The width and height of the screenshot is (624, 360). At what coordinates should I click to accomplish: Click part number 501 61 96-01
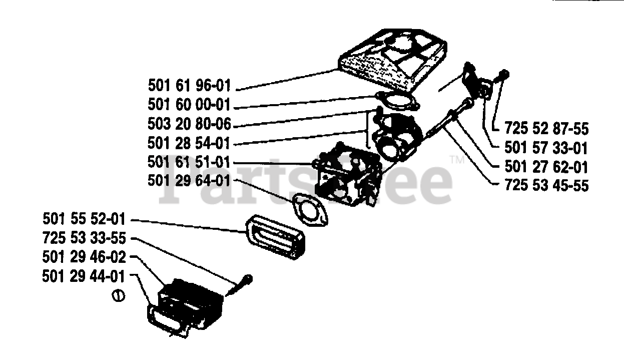point(190,85)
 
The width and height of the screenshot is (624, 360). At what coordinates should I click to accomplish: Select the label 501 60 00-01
point(189,105)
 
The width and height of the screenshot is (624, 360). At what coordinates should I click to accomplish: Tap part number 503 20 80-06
point(190,124)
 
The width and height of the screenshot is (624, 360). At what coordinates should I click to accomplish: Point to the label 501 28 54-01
point(189,143)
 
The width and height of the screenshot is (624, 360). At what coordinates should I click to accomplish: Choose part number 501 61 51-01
point(189,162)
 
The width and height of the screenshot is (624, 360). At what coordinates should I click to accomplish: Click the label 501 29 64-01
point(189,181)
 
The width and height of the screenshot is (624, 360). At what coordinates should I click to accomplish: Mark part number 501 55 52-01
point(84,219)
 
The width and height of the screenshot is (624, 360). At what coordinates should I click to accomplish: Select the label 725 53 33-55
point(85,238)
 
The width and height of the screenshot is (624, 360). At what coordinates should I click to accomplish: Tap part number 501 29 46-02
point(84,257)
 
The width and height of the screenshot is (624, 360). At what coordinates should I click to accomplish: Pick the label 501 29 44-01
point(84,276)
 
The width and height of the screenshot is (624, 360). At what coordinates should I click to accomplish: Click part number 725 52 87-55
point(546,129)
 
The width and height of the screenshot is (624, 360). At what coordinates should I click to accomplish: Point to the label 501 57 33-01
point(546,148)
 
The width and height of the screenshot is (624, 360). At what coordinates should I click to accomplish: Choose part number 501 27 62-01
point(546,167)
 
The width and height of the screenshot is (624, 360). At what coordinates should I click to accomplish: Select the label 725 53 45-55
point(546,186)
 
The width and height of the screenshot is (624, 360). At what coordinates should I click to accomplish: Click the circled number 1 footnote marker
point(119,295)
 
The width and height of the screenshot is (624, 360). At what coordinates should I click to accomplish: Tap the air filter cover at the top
point(393,60)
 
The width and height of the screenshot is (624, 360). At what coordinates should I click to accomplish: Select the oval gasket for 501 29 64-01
point(310,209)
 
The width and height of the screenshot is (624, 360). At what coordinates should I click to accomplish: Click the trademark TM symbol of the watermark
point(457,160)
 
